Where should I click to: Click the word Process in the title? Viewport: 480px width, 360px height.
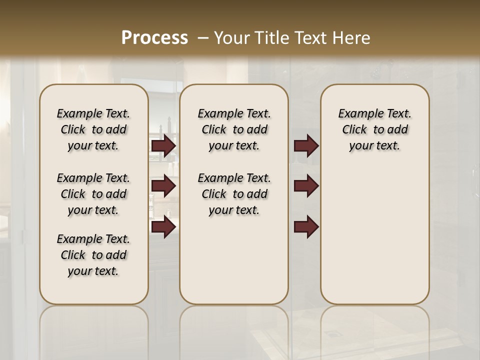click(x=154, y=38)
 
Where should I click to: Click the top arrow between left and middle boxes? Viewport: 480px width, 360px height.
click(x=163, y=146)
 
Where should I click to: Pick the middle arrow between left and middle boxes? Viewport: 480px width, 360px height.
click(x=163, y=186)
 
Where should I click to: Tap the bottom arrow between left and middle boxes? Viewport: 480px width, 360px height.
click(x=163, y=226)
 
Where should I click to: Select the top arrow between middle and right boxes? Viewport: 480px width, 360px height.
click(x=306, y=146)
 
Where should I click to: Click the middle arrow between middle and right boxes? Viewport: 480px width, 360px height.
click(x=306, y=186)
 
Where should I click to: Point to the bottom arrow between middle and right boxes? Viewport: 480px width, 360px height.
click(x=306, y=226)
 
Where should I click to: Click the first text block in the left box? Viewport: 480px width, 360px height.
click(x=93, y=129)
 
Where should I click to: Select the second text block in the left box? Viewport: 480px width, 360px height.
click(x=93, y=194)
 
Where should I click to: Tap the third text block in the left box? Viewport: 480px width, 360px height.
click(x=93, y=255)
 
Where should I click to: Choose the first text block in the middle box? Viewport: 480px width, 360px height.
click(x=234, y=129)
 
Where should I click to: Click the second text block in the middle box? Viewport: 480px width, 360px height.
click(x=234, y=194)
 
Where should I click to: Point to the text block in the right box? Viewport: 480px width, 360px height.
click(x=374, y=129)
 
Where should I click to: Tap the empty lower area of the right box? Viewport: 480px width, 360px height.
click(x=374, y=235)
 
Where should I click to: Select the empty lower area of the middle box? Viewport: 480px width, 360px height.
click(x=234, y=260)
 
